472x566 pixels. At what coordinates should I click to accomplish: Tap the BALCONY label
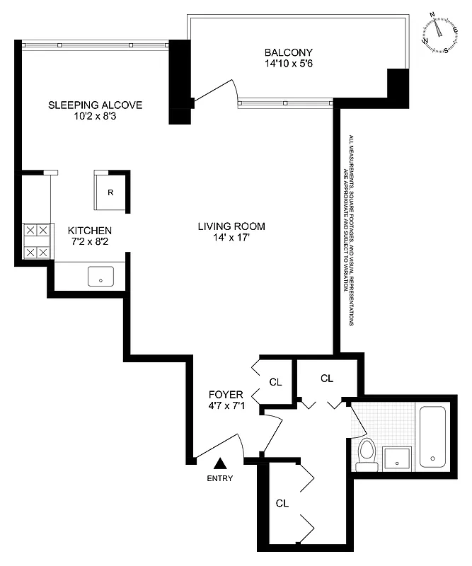(288, 52)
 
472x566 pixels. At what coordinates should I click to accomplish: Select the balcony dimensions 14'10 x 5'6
(288, 64)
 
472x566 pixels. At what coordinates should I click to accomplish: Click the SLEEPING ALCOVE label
(95, 105)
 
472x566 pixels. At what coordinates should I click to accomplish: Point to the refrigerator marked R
(110, 192)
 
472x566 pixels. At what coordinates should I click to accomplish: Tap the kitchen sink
(101, 277)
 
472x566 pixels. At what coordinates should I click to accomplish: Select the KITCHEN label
(89, 231)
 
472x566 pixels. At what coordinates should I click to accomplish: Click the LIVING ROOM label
(231, 226)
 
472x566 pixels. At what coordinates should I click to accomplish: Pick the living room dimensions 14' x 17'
(231, 238)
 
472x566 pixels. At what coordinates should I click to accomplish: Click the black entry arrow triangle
(221, 463)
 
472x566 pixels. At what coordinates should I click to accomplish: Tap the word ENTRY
(220, 478)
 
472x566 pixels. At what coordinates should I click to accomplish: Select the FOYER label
(226, 394)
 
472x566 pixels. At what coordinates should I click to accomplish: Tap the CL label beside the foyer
(275, 382)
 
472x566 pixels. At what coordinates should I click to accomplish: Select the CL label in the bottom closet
(282, 504)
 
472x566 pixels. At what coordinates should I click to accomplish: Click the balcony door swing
(216, 92)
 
